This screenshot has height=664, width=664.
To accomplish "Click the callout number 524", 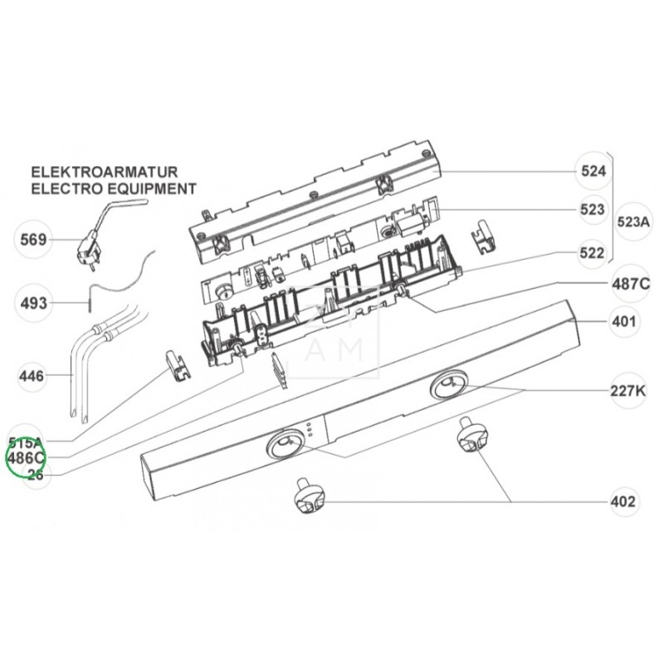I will point(593,172).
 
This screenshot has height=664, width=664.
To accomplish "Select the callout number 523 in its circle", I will point(593,211).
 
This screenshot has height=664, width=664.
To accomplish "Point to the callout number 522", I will point(593,253).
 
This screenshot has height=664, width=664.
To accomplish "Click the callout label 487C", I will point(631,284).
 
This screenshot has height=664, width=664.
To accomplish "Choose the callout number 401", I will point(623,321).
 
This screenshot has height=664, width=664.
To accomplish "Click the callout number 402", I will point(623,501).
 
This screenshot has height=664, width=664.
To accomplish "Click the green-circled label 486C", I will point(27,458).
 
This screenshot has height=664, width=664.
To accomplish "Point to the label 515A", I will point(27,442).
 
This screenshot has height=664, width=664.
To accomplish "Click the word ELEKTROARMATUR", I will point(106,173).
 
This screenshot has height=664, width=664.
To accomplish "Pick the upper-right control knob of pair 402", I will point(469,437).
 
